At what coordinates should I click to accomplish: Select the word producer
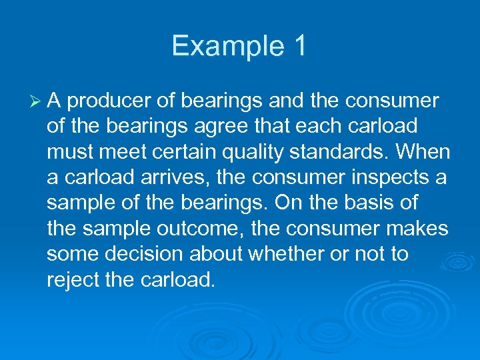(109, 101)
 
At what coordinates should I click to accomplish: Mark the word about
(227, 255)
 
